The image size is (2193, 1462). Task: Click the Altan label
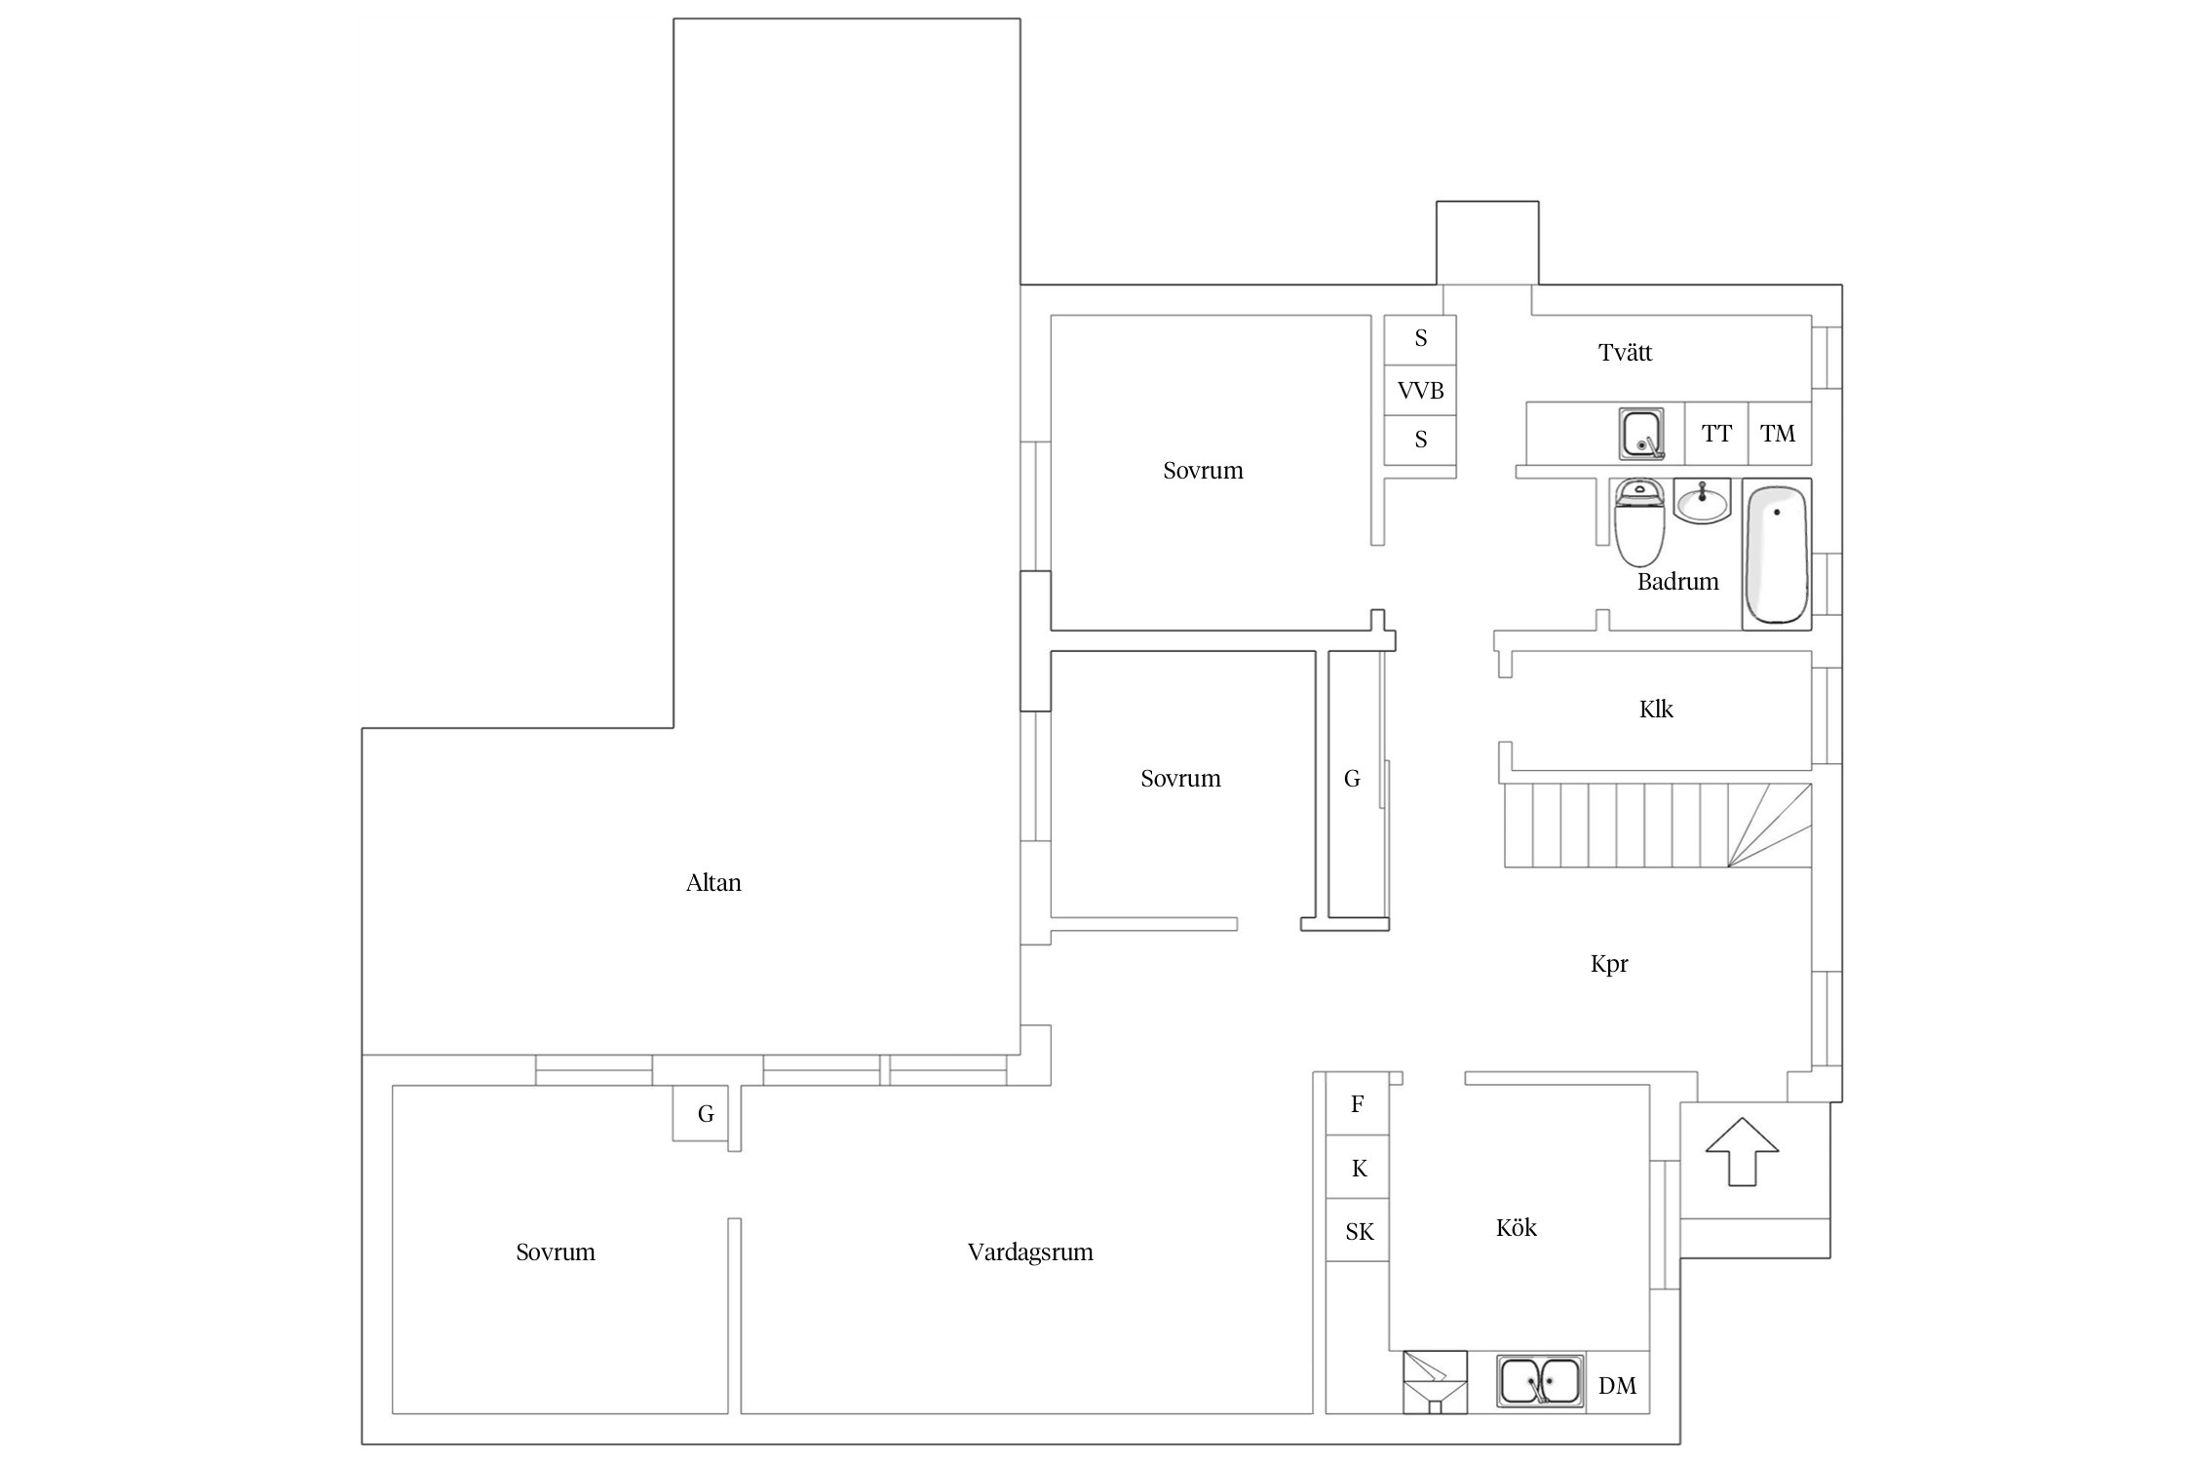(713, 883)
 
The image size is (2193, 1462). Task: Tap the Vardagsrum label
(1030, 1252)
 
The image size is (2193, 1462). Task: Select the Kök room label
(1516, 1228)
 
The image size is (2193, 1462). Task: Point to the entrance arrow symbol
(1742, 1151)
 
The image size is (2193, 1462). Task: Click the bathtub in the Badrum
(1776, 554)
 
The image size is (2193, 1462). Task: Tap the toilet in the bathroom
(1639, 521)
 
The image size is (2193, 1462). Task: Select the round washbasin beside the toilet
(1702, 502)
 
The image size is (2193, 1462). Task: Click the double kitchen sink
(1540, 1383)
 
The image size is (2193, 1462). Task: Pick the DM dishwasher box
(1617, 1383)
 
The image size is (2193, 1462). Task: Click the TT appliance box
(1716, 434)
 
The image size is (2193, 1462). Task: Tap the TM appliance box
(1780, 434)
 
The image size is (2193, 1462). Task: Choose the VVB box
(1420, 391)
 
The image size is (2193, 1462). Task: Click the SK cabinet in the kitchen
(1358, 1231)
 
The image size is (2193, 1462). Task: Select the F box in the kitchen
(1358, 1104)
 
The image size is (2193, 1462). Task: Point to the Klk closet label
(1656, 710)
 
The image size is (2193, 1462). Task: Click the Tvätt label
(1625, 353)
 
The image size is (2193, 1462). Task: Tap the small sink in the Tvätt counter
(1642, 435)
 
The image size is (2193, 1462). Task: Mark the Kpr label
(1609, 964)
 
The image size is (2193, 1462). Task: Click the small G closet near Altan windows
(705, 1113)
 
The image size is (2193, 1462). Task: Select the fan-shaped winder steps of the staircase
(1770, 826)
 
